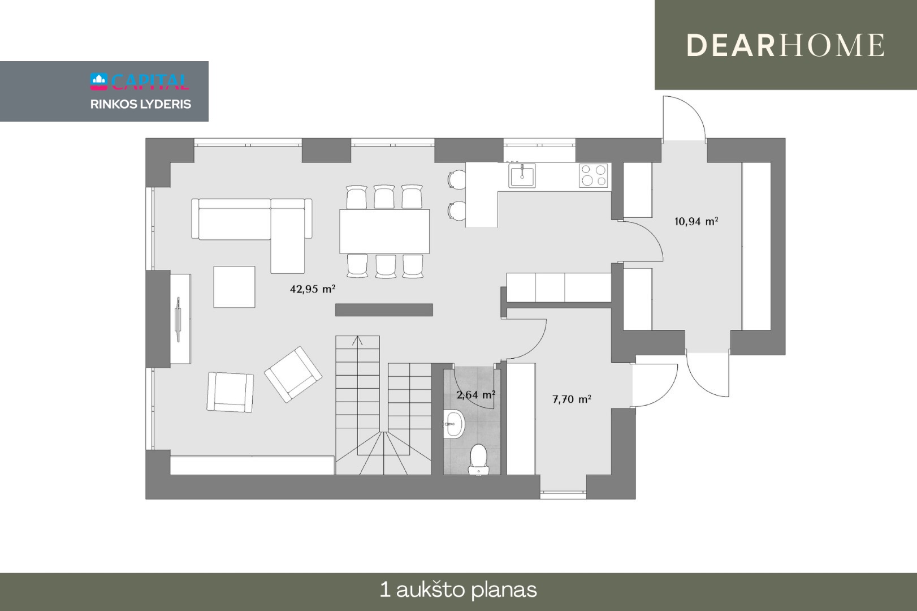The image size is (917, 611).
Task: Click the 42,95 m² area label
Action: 313,289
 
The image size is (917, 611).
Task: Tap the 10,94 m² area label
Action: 696,221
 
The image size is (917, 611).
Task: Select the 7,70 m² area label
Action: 572,399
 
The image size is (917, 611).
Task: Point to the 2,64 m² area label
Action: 475,395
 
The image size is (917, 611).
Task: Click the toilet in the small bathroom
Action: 478,459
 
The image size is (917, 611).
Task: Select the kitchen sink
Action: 522,175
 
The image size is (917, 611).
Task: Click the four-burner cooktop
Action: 593,175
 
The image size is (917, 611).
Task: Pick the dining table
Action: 384,231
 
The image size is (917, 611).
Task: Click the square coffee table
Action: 234,287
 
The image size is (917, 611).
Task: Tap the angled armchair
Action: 293,375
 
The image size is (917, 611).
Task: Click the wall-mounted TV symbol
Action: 178,319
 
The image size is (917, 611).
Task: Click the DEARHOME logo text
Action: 786,45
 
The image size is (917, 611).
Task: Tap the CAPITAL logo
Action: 140,81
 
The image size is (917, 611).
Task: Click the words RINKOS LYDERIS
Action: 140,104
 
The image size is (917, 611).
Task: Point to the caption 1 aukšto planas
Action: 458,590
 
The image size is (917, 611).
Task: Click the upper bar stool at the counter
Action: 456,179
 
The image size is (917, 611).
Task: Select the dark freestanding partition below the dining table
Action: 384,310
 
